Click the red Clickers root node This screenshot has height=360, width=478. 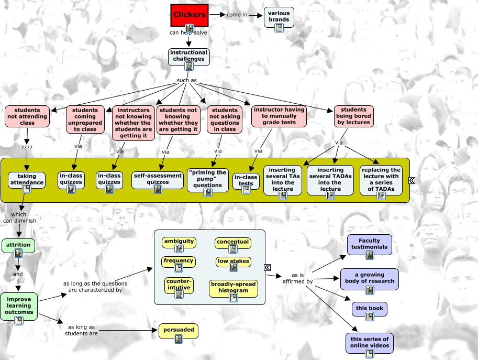pos(190,15)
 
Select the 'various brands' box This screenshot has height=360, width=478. pos(279,17)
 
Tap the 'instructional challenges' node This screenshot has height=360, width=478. pos(188,56)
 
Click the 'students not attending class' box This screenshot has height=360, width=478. pos(27,116)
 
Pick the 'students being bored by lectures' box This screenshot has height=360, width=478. pos(354,116)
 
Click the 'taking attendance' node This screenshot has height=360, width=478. pos(27,180)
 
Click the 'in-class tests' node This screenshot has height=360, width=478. pos(246,180)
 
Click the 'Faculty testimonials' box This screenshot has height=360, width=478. pos(369,244)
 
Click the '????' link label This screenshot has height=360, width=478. pos(26,147)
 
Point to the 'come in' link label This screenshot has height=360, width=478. pos(237,15)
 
